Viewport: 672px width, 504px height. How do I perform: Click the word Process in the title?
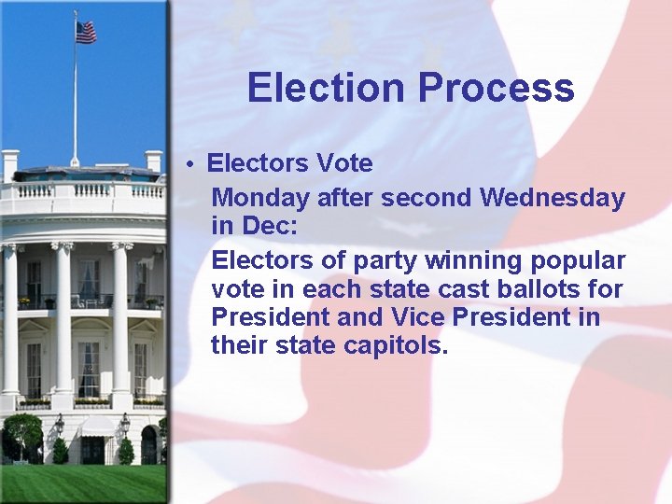[496, 88]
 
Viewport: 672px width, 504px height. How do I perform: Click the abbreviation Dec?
[271, 227]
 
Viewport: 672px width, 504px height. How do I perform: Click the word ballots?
[540, 287]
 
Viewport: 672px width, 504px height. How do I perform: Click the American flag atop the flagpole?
[86, 32]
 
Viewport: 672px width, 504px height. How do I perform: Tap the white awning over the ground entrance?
[96, 427]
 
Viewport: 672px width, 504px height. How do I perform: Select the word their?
[237, 346]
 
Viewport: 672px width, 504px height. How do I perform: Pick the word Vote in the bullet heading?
[344, 164]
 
